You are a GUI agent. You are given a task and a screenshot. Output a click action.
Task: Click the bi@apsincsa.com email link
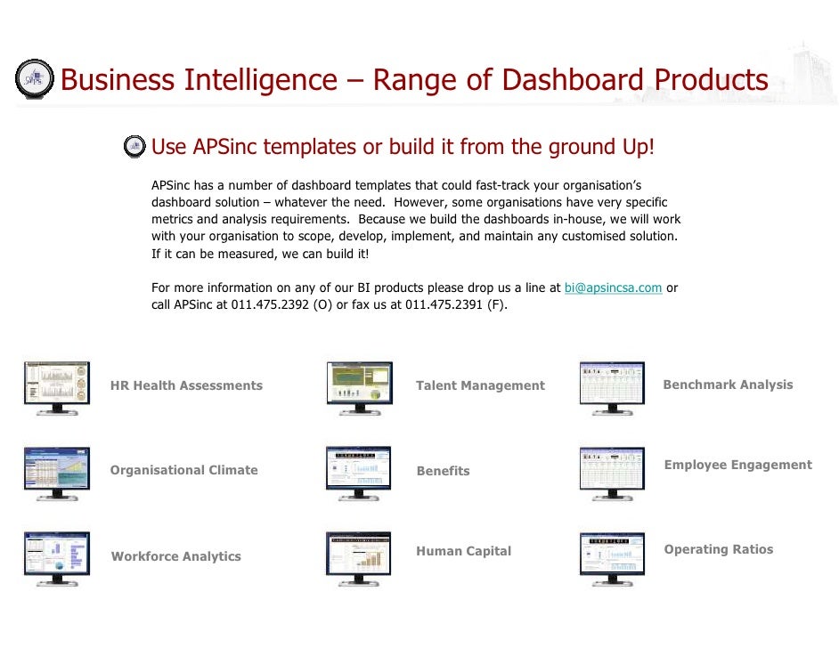(613, 288)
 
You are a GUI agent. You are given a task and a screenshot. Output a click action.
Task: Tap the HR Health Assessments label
(186, 385)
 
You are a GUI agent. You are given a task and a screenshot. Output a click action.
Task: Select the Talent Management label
(480, 385)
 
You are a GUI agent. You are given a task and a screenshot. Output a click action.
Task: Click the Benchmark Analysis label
(728, 385)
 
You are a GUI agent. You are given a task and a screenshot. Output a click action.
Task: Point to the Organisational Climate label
(183, 470)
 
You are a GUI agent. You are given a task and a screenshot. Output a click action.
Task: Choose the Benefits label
(443, 471)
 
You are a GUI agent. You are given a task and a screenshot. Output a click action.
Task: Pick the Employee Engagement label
(737, 465)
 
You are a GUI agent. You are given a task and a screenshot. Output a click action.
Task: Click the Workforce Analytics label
(175, 556)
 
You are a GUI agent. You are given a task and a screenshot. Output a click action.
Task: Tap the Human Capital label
(463, 551)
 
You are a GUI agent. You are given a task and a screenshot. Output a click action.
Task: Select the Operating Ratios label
(718, 549)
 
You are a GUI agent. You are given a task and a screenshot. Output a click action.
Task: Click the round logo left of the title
(35, 79)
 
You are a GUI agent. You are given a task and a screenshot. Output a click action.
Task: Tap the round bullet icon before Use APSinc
(134, 146)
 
